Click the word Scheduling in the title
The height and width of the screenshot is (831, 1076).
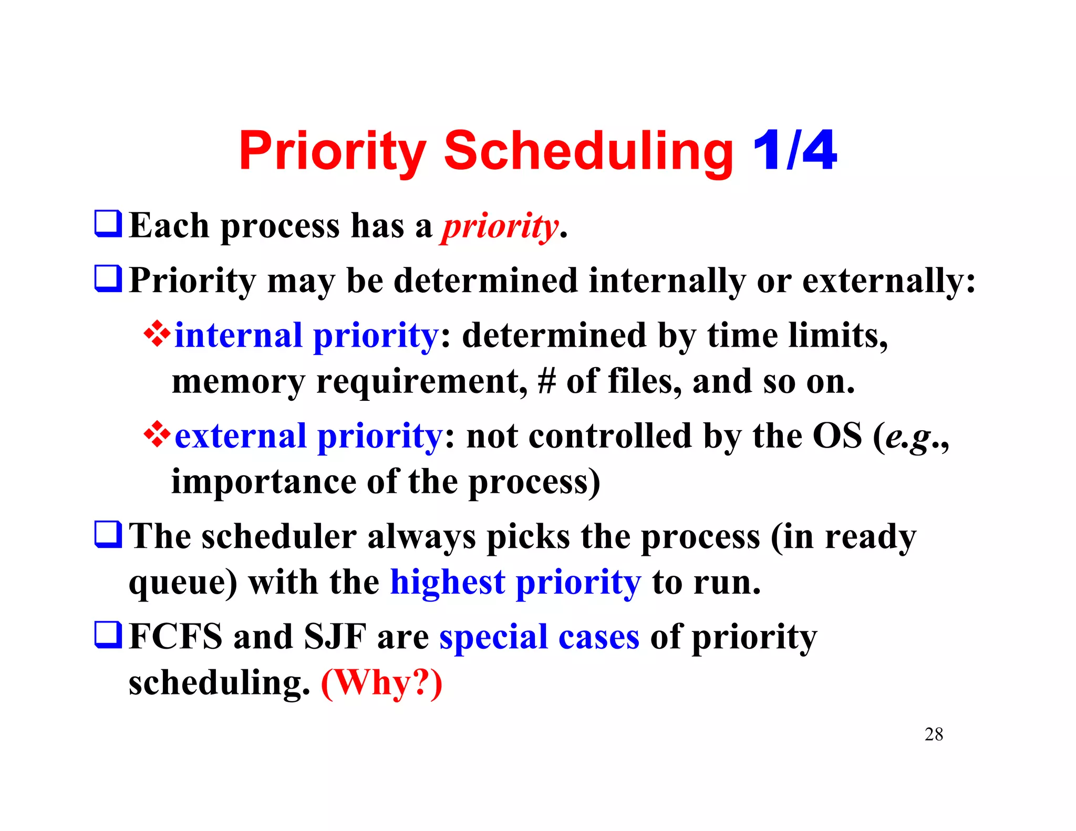click(x=588, y=152)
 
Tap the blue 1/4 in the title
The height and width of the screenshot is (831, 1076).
click(x=794, y=151)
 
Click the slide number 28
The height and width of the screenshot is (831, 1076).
click(x=934, y=734)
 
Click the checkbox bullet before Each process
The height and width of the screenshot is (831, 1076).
click(x=108, y=224)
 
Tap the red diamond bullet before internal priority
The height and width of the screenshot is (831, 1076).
click(x=157, y=334)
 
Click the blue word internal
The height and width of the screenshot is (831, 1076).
click(x=239, y=336)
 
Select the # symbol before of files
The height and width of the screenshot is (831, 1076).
click(x=546, y=381)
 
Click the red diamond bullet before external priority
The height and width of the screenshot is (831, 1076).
click(x=157, y=434)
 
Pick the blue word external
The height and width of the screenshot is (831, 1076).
click(x=241, y=437)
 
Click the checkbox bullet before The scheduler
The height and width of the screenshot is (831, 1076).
click(x=108, y=534)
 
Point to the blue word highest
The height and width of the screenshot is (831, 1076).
click(x=447, y=583)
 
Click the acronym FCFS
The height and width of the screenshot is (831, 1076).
click(x=175, y=637)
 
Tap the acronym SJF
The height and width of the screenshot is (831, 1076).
click(x=335, y=637)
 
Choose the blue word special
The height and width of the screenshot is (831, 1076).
click(x=493, y=638)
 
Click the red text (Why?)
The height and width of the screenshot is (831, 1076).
click(x=381, y=683)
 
